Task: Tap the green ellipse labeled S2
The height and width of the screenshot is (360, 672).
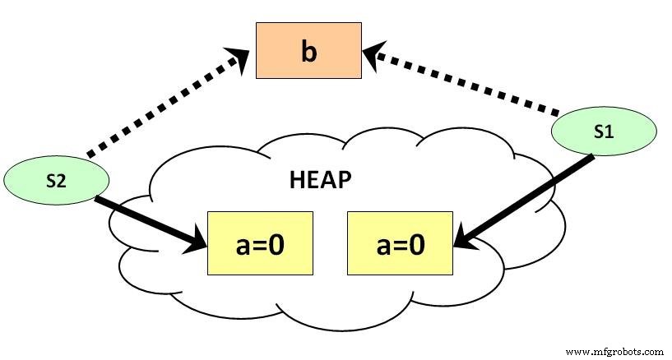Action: coord(56,182)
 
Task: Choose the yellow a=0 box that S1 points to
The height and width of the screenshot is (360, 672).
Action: coord(401,242)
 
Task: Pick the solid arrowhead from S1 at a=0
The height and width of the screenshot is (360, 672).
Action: coord(463,238)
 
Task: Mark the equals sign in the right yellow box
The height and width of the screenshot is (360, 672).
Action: coord(401,244)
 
